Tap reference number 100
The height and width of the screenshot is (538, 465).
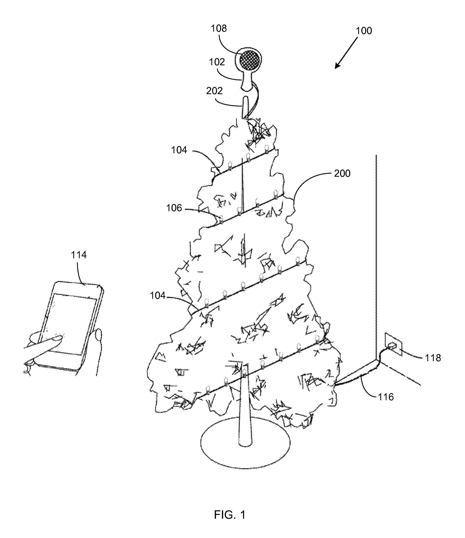[364, 31]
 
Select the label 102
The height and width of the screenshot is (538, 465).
[217, 62]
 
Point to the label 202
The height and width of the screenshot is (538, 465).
[214, 91]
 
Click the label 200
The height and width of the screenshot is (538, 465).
[342, 173]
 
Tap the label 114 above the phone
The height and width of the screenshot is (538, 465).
[78, 255]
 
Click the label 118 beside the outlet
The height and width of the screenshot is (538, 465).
[433, 358]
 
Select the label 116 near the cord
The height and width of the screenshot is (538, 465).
[386, 397]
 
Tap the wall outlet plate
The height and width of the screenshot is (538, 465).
[393, 344]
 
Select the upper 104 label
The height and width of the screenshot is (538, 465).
[179, 150]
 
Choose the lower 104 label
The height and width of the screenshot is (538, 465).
[158, 296]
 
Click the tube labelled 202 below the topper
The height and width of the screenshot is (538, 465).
[246, 107]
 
